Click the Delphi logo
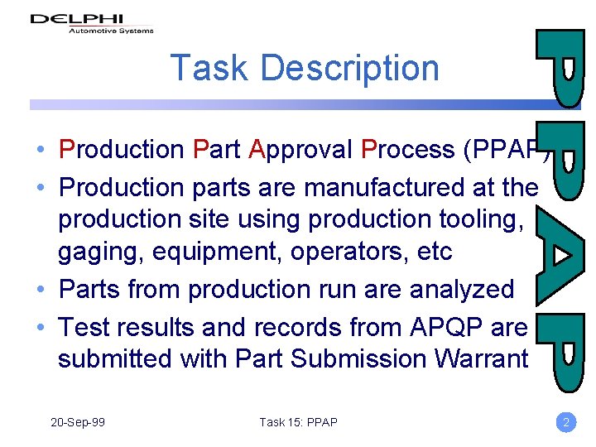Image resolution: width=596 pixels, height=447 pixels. coord(92,22)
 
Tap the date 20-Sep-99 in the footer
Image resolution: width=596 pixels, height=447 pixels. coord(78,422)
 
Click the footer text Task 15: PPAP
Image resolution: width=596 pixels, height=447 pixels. coord(298,422)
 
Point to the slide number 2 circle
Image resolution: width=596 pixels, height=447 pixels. coord(566,422)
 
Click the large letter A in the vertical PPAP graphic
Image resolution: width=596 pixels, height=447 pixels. coord(563,257)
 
